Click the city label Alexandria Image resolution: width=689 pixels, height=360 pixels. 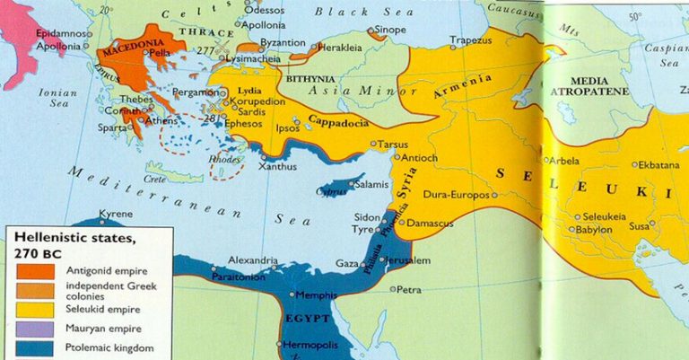pos(252,260)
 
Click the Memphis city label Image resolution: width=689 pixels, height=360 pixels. pos(318,294)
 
